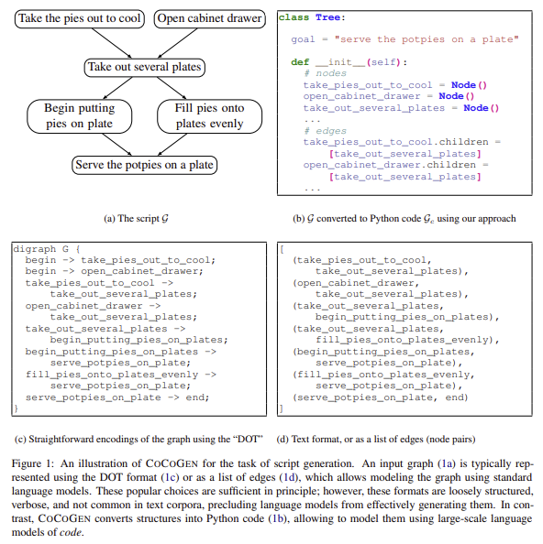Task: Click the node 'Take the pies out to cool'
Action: (x=79, y=18)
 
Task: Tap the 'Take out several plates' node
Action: (x=144, y=67)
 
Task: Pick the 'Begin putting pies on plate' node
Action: (x=80, y=115)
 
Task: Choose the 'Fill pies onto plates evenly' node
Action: (x=208, y=115)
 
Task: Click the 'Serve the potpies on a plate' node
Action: (x=144, y=166)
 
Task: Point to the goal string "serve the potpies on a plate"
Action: (x=428, y=39)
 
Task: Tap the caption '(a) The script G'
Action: (x=143, y=218)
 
